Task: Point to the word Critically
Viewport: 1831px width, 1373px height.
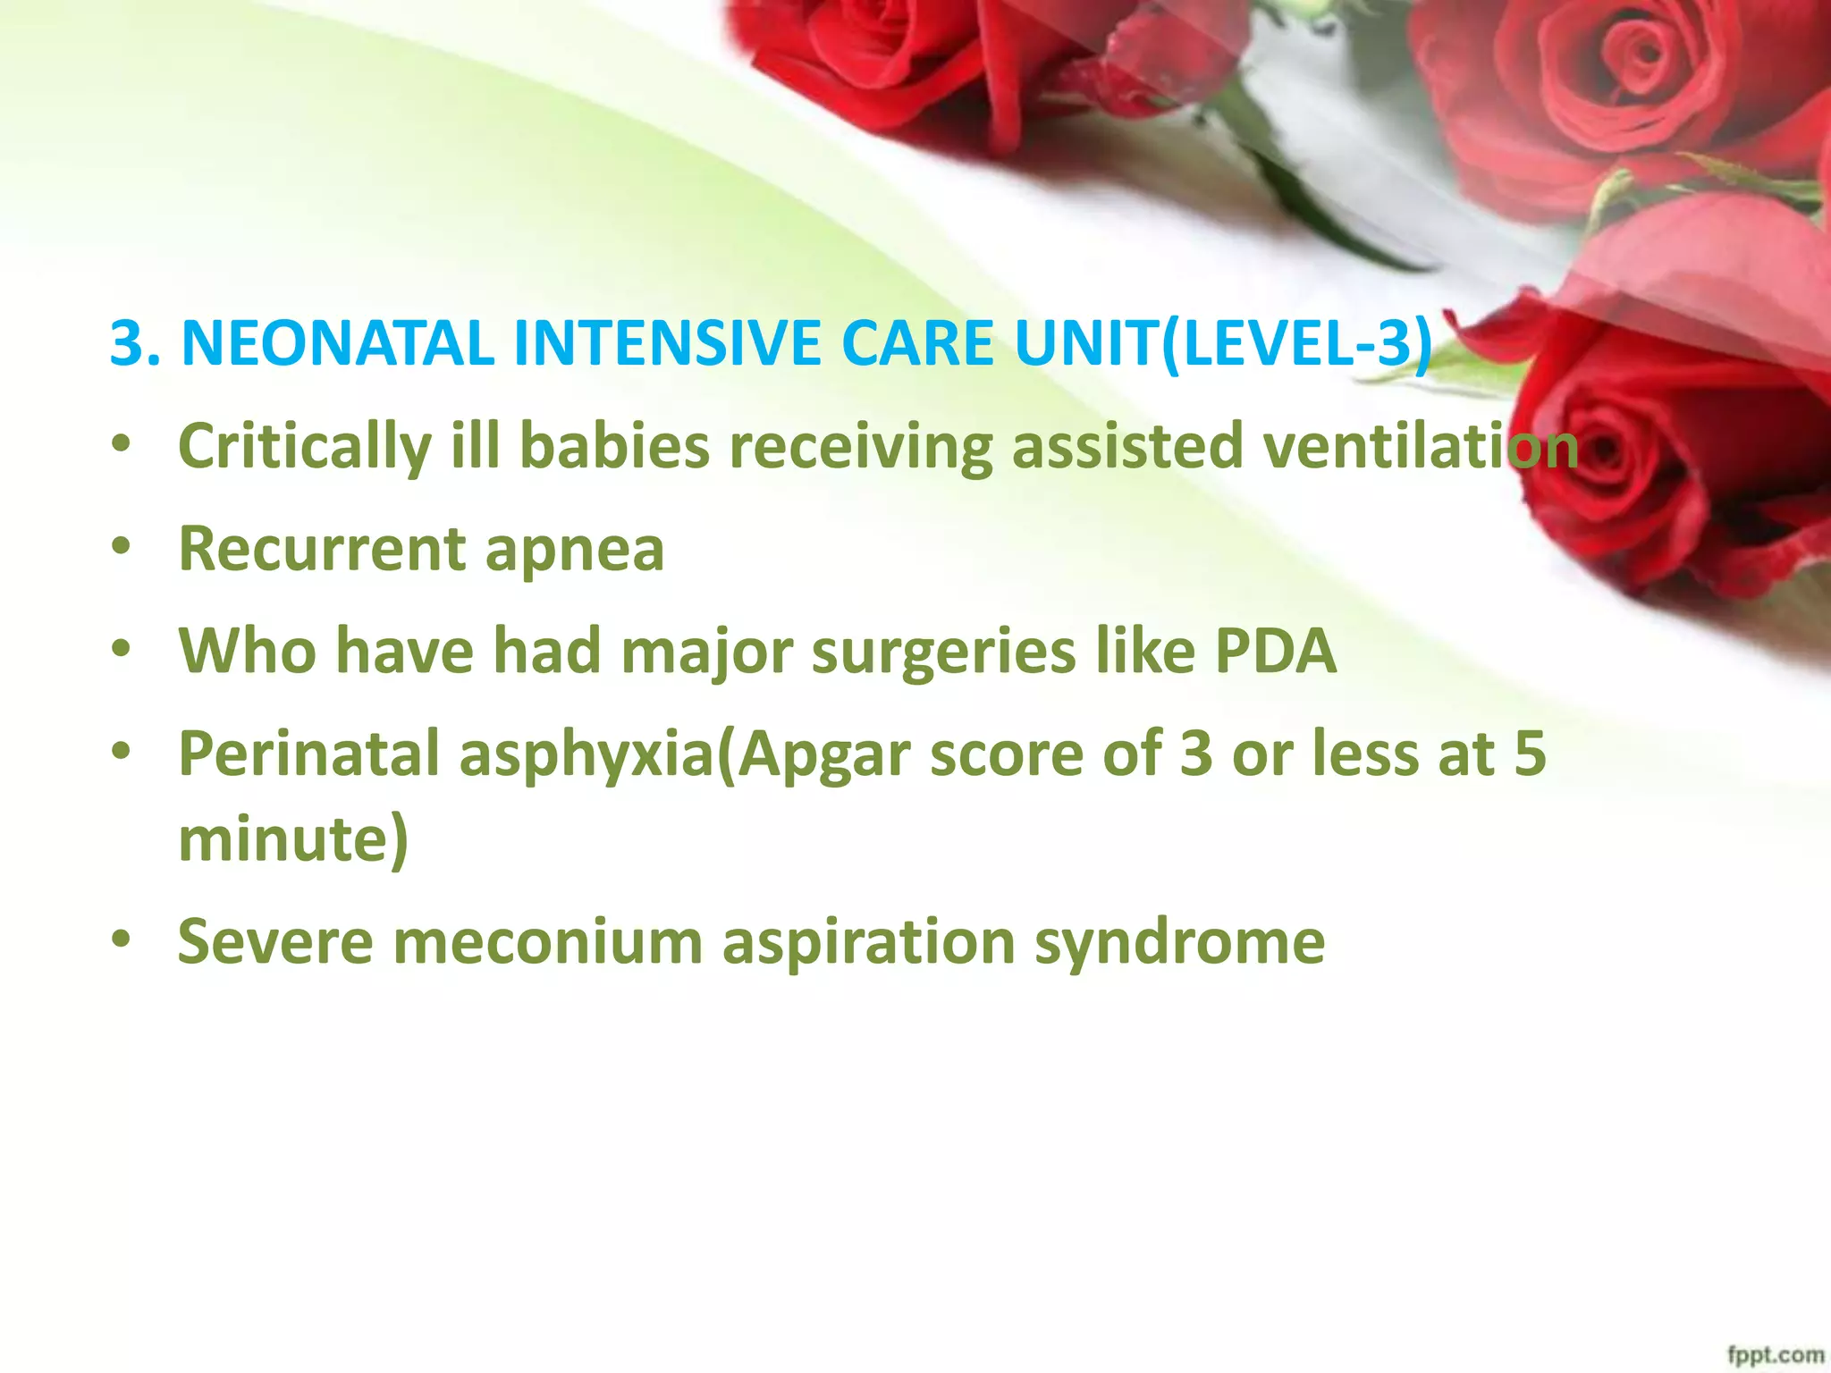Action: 304,446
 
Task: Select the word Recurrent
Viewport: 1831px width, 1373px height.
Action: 321,548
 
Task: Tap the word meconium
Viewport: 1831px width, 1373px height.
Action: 547,942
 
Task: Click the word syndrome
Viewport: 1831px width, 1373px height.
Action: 1179,944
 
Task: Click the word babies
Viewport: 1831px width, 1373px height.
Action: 614,446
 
